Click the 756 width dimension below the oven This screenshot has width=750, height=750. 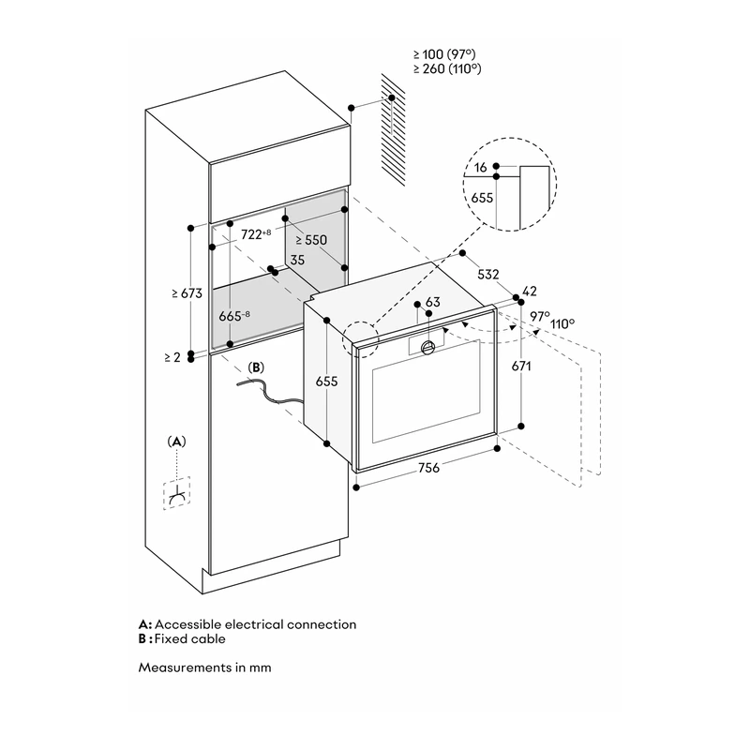click(428, 467)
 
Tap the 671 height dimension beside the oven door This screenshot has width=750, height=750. click(521, 366)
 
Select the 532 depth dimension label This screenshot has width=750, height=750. click(487, 274)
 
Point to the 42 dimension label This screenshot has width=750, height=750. click(530, 291)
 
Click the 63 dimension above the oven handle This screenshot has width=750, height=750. click(432, 302)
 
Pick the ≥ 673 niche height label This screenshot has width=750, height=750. click(187, 293)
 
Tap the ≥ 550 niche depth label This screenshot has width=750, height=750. click(311, 240)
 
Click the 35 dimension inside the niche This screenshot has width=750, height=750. click(297, 260)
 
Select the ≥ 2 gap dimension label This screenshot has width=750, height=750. click(172, 357)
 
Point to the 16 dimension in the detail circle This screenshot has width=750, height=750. click(481, 167)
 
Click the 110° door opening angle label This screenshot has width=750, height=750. click(562, 323)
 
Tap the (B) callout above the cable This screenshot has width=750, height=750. click(256, 367)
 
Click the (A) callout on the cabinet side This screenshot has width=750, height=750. click(176, 442)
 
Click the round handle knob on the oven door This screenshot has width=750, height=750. click(428, 347)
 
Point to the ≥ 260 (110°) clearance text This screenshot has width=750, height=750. click(447, 68)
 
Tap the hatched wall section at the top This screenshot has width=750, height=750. click(393, 129)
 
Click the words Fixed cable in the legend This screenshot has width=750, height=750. click(189, 639)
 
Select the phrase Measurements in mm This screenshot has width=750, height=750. click(204, 667)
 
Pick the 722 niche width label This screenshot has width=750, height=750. click(256, 234)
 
